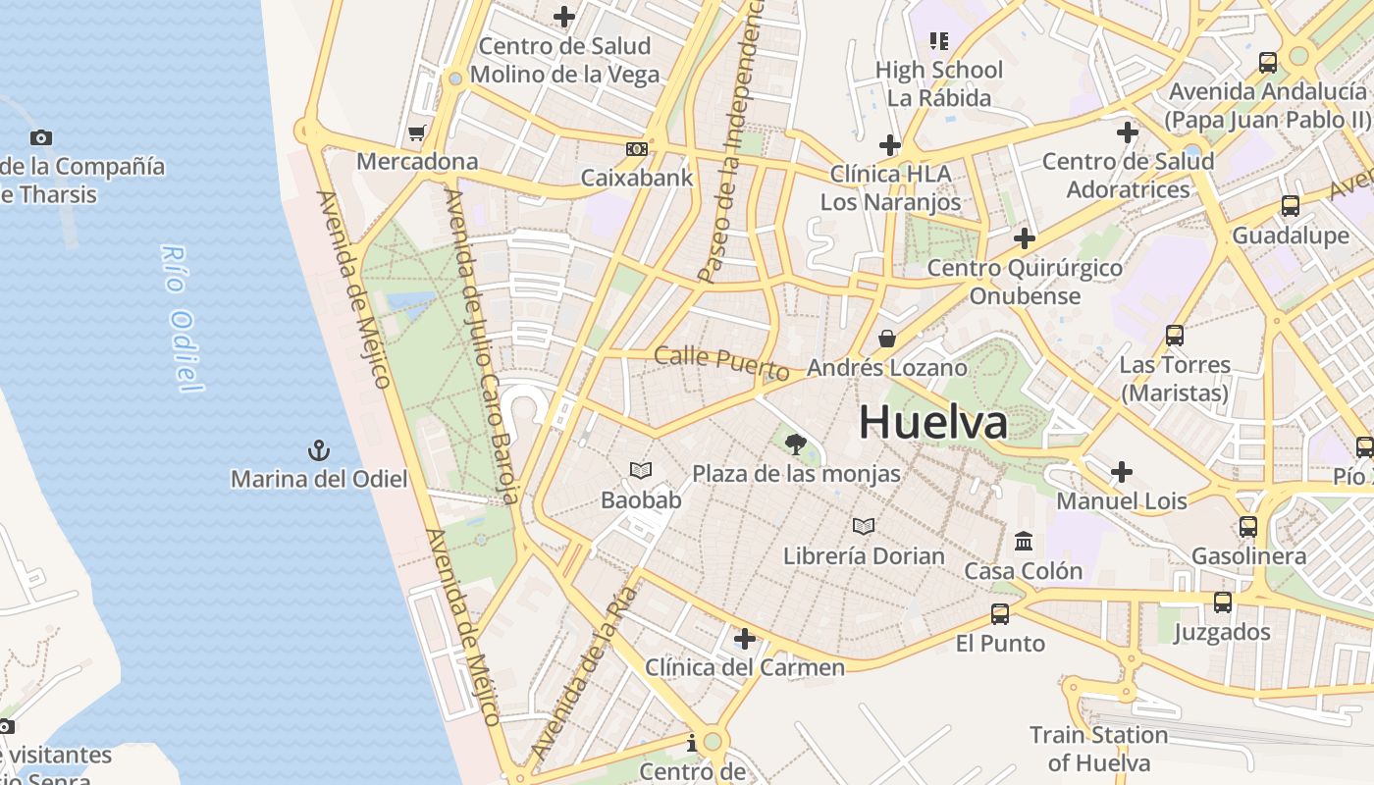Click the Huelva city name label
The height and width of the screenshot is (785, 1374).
(932, 423)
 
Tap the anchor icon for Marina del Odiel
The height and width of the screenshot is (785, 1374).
(319, 451)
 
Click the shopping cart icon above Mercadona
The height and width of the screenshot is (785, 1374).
(417, 132)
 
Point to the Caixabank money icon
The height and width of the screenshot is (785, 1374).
(637, 149)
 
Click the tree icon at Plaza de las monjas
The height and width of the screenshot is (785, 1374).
(796, 445)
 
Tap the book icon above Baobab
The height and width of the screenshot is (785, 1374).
(641, 471)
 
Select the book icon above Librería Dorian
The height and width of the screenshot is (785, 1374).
(864, 527)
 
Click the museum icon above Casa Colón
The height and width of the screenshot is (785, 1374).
(1024, 542)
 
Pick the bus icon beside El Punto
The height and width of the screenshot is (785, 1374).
(1000, 614)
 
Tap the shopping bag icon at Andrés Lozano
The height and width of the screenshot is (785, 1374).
(887, 340)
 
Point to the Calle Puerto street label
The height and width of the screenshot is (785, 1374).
(721, 363)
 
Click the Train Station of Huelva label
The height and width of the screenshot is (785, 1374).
(1098, 749)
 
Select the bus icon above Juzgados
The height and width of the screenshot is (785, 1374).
(1223, 602)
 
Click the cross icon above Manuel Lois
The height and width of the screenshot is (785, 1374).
(1122, 472)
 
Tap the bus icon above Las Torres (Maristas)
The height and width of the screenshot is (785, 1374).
(1175, 336)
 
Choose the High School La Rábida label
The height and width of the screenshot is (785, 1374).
(939, 83)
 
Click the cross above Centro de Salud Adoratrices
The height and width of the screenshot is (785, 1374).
(1128, 131)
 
